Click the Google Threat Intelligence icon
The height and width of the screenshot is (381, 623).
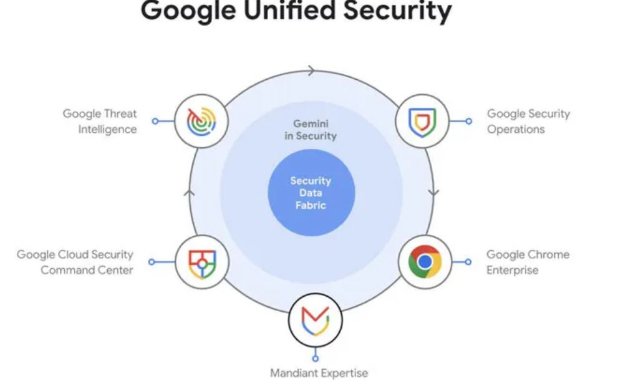[201, 120]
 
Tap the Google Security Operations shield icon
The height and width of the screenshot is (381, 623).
[422, 120]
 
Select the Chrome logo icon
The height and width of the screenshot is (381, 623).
[425, 262]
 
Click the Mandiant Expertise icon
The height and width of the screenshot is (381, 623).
[315, 320]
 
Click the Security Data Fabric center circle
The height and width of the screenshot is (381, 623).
[311, 193]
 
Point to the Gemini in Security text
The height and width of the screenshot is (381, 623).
[311, 130]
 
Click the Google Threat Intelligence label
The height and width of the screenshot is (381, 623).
[100, 122]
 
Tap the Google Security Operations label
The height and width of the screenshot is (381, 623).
[528, 122]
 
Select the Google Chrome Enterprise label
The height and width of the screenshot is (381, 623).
[528, 263]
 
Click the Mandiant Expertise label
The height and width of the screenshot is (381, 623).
[319, 373]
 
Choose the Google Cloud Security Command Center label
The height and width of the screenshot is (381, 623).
[75, 263]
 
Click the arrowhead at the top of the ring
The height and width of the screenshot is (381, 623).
[311, 71]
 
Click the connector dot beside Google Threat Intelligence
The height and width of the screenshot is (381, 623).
[155, 121]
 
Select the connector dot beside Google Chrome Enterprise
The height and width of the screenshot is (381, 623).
[468, 262]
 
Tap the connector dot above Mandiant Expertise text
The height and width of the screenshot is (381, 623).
[316, 358]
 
